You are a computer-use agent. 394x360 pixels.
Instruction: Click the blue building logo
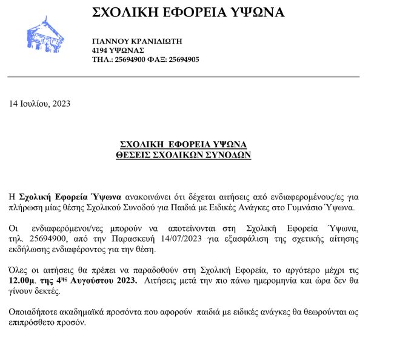[x=46, y=33]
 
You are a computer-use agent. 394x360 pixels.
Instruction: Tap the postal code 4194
[x=100, y=50]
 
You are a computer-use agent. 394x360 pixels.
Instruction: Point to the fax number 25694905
[x=184, y=59]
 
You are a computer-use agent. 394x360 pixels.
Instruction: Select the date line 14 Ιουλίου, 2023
[x=39, y=103]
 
